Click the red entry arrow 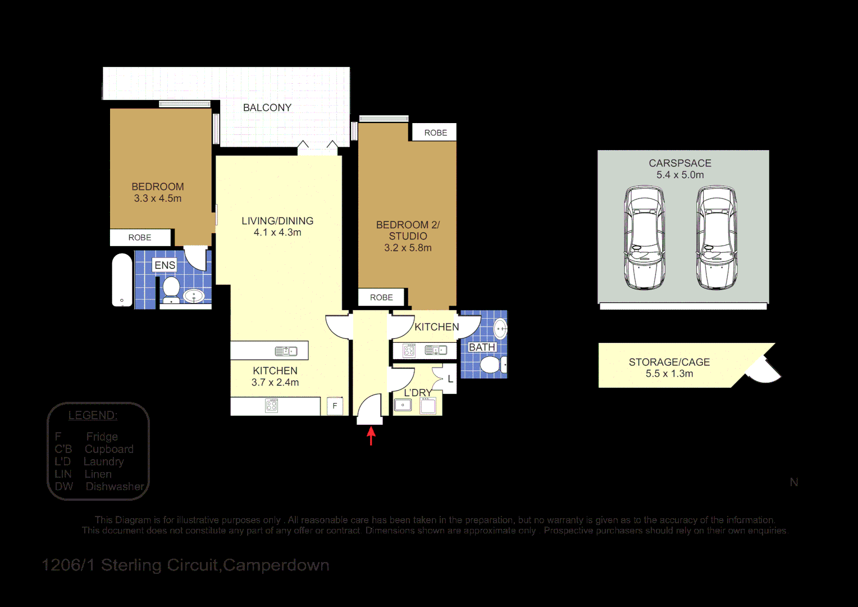(371, 436)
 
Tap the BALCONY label (267, 108)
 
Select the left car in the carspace (644, 238)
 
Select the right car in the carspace (716, 238)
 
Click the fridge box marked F (335, 406)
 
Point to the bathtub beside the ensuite (122, 280)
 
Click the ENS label (165, 265)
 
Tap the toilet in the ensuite (171, 288)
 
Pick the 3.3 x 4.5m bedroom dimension (158, 198)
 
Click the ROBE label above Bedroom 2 (436, 133)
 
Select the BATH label (482, 347)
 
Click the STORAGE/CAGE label (669, 363)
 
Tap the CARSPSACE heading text (680, 163)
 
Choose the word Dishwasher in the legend (115, 487)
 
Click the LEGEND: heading (93, 415)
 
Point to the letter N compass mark (794, 482)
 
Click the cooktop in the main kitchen (272, 405)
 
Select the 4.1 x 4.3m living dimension (277, 233)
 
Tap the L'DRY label (418, 392)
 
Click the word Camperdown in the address (276, 565)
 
